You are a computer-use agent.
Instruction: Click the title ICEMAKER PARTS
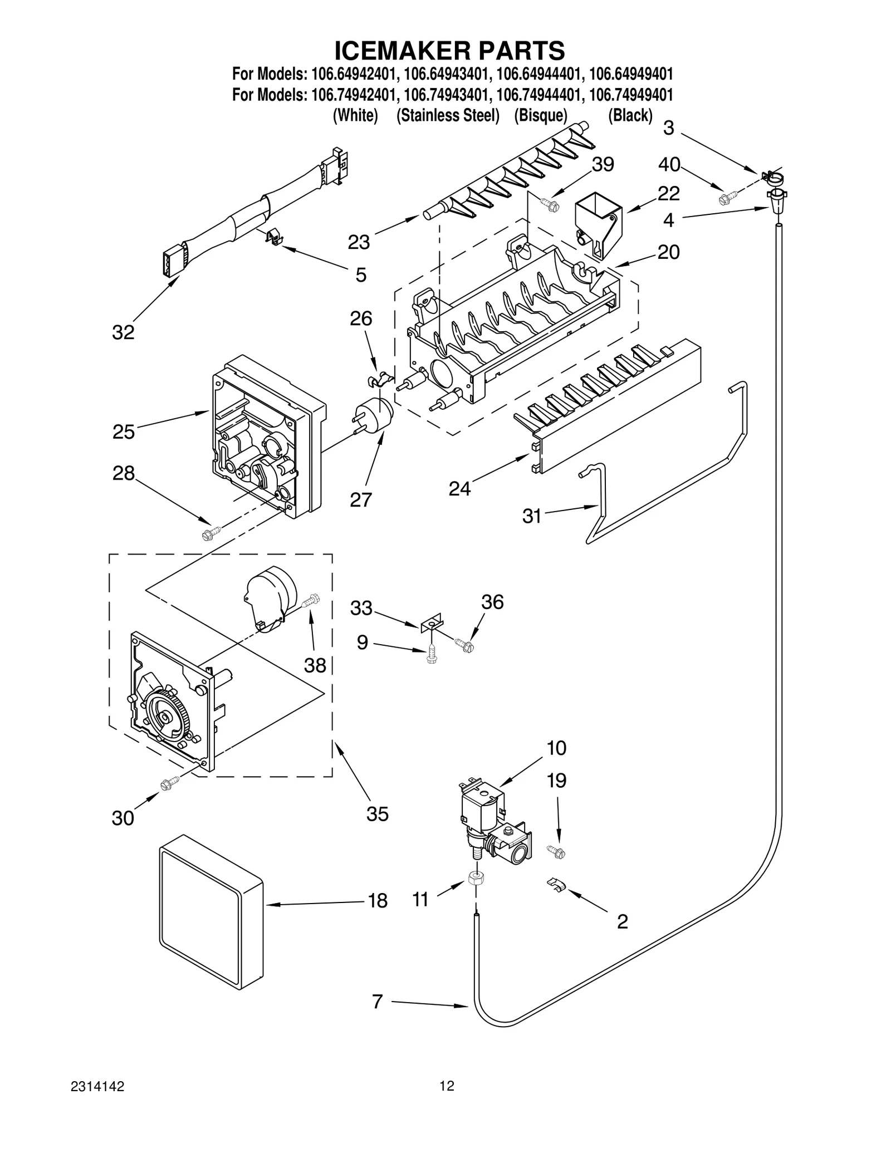[x=449, y=50]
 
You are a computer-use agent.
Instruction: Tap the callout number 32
[x=123, y=332]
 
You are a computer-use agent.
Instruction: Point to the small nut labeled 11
[x=476, y=878]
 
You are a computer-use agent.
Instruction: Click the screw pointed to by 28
[x=210, y=533]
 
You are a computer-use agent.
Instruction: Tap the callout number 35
[x=377, y=814]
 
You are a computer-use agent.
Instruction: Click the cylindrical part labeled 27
[x=376, y=415]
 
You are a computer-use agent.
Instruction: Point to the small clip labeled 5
[x=273, y=238]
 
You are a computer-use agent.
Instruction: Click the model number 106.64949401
[x=630, y=75]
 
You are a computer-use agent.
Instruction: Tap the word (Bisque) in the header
[x=540, y=116]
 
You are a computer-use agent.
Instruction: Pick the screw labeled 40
[x=728, y=196]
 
